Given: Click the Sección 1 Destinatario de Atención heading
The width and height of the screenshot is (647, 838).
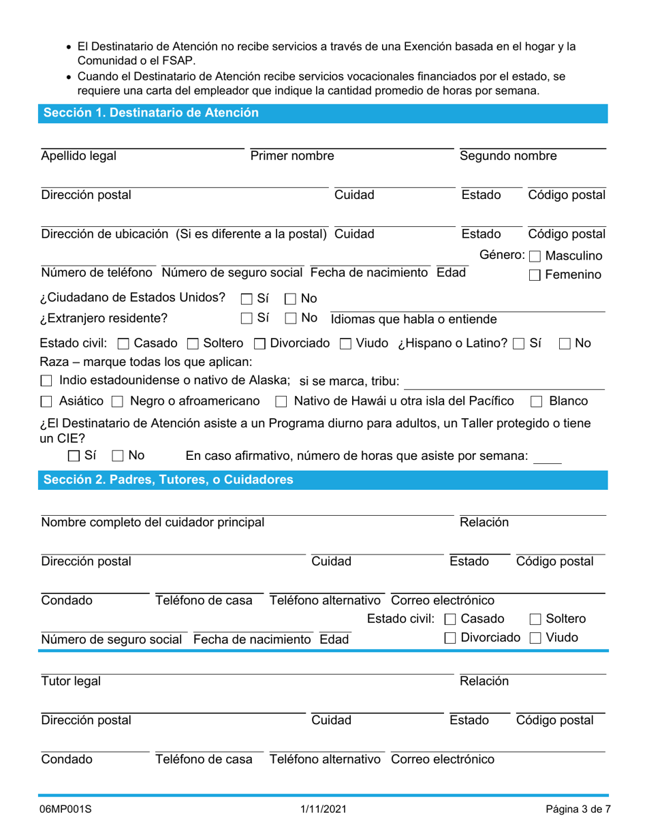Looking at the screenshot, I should tap(151, 113).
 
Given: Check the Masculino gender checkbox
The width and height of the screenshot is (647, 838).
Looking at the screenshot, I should tap(535, 257).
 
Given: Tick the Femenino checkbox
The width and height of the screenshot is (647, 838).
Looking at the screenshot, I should tap(535, 275).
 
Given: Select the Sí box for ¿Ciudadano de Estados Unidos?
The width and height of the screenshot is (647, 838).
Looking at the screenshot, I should tap(246, 298).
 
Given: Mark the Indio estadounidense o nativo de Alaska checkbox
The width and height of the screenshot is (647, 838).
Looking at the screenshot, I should tap(46, 380).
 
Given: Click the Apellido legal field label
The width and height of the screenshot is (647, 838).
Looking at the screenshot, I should tap(79, 156).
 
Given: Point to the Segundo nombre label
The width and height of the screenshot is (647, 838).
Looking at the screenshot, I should tap(508, 156).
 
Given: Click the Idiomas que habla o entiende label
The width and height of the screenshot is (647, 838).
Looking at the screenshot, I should tap(413, 319).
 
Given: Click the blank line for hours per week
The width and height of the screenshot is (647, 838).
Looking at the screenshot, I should tap(548, 457).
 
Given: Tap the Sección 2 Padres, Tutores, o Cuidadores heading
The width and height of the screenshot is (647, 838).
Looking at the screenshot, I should tap(169, 480).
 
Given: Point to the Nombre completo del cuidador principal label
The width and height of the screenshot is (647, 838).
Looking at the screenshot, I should tap(153, 523).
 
